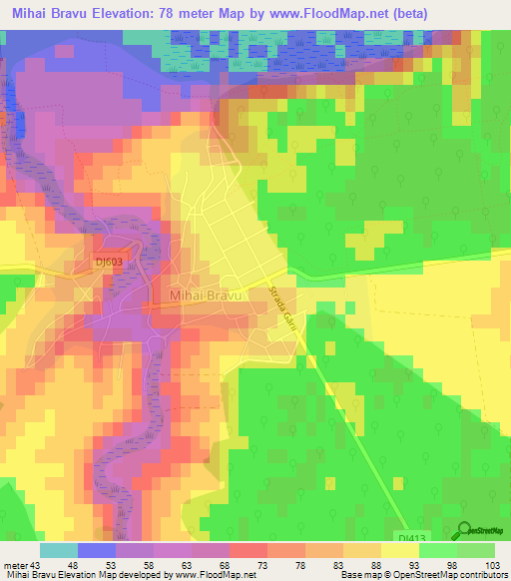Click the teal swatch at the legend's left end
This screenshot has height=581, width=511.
point(59,551)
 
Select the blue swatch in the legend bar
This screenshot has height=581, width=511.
point(97,551)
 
